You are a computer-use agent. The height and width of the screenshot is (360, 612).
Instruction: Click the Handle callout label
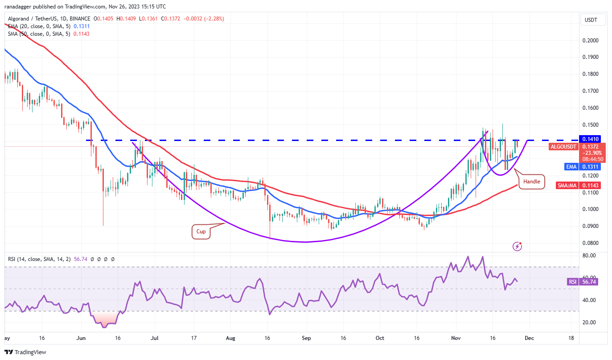click(x=531, y=182)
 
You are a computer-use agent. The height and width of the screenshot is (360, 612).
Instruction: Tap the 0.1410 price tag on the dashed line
click(x=590, y=139)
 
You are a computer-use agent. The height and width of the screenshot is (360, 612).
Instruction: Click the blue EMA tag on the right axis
click(x=571, y=167)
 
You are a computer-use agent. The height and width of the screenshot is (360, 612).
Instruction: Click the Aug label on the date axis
click(x=230, y=339)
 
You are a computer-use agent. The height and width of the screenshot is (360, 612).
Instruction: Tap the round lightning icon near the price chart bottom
click(x=517, y=245)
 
